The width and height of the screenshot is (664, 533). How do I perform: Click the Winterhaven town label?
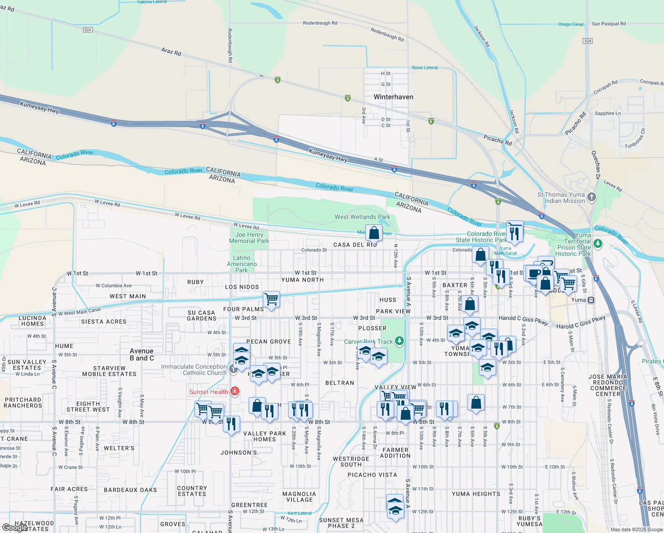(393, 97)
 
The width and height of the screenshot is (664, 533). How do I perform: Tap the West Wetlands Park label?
(362, 217)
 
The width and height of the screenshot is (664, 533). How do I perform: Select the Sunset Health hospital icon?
(235, 391)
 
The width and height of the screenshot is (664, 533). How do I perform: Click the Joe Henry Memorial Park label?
(249, 238)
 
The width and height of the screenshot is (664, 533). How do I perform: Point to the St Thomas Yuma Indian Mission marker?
(591, 197)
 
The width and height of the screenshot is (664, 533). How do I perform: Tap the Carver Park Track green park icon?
(399, 341)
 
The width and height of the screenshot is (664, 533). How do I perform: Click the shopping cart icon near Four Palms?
(271, 299)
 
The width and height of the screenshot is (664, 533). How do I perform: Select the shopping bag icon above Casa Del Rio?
(374, 232)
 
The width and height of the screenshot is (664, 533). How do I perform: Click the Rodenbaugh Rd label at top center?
(320, 23)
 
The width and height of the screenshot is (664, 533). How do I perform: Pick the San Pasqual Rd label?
(609, 24)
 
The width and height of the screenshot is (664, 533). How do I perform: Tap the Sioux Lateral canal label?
(424, 68)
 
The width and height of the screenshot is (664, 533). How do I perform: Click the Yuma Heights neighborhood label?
(476, 494)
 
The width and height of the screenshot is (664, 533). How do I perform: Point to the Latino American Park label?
(241, 264)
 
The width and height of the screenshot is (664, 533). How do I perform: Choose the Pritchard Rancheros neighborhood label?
(23, 402)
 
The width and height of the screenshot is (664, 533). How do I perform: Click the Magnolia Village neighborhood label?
(299, 497)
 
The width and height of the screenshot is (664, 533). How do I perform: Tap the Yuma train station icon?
(591, 300)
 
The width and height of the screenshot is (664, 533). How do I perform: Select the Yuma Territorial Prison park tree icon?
(598, 243)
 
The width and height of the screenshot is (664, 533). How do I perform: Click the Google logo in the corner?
(14, 528)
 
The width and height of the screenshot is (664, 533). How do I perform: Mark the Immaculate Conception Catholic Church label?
(194, 370)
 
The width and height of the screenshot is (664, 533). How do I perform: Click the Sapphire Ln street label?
(608, 113)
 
